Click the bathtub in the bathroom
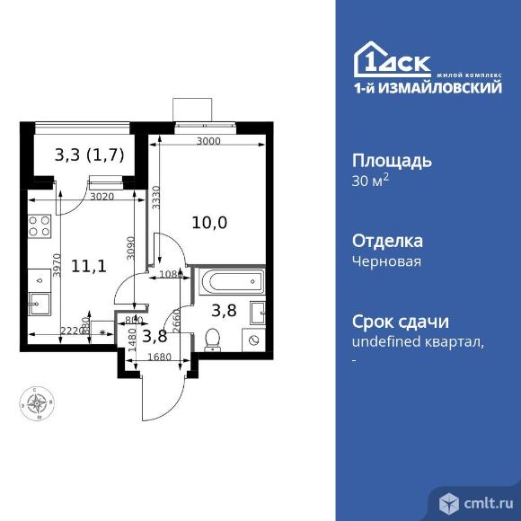[232, 284]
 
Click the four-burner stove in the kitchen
[39, 226]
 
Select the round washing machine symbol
[254, 340]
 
